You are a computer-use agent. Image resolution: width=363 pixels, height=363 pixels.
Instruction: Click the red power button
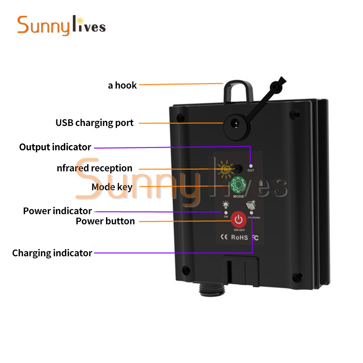coord(238,219)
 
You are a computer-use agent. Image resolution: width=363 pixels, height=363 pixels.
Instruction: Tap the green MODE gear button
coord(238,185)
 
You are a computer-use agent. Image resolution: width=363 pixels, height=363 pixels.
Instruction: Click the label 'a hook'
coord(122,85)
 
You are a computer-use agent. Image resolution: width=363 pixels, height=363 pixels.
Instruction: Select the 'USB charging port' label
coord(94,123)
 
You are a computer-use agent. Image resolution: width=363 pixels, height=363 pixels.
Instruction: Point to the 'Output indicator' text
coord(55,147)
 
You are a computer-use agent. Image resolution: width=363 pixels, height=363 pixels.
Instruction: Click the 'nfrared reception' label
coord(94,168)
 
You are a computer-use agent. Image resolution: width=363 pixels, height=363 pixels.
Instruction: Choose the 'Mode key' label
coord(112,187)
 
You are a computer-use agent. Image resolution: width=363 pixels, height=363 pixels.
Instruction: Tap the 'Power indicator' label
coord(57,211)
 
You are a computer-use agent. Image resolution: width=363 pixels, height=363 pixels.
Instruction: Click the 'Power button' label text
coord(105,221)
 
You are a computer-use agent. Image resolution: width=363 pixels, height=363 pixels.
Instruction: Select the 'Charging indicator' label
coord(52,253)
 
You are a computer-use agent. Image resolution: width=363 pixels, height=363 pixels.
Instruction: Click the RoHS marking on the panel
coord(239,238)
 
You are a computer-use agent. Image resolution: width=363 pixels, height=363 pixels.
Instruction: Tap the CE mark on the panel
coord(224,237)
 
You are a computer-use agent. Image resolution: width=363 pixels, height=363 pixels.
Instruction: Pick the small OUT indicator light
coord(250,166)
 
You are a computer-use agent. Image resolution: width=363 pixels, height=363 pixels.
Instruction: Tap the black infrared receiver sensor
coord(238,168)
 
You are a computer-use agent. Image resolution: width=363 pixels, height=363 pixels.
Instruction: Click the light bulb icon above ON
coord(225,205)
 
